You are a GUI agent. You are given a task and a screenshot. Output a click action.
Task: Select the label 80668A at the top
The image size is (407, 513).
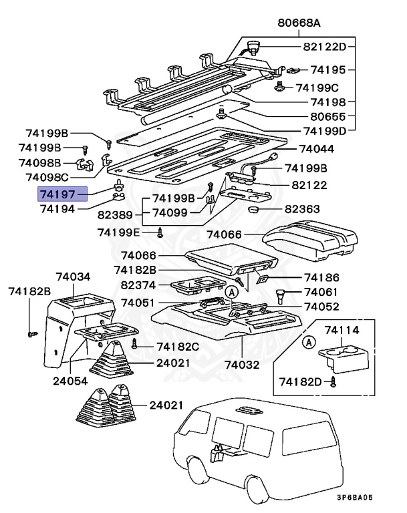299,23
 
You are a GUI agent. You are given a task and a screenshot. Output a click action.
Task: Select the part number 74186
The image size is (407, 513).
321,277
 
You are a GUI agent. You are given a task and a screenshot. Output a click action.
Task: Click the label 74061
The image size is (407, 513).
321,292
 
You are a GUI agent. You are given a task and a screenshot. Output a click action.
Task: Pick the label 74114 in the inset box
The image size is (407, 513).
342,330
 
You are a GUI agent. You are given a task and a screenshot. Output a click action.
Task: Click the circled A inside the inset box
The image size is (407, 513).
308,343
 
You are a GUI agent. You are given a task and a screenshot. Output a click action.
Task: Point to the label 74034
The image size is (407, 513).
73,277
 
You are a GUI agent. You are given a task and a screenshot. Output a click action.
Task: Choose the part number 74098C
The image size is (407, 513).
47,177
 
